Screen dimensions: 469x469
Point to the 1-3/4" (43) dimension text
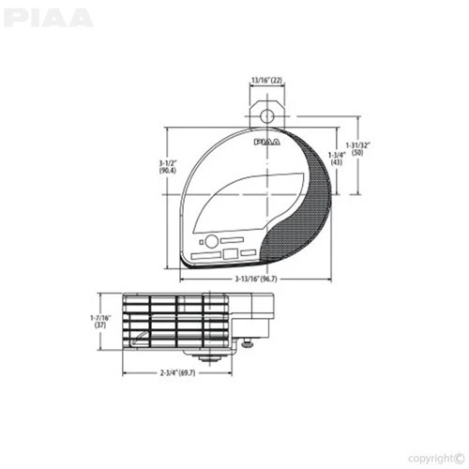coord(337,157)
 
